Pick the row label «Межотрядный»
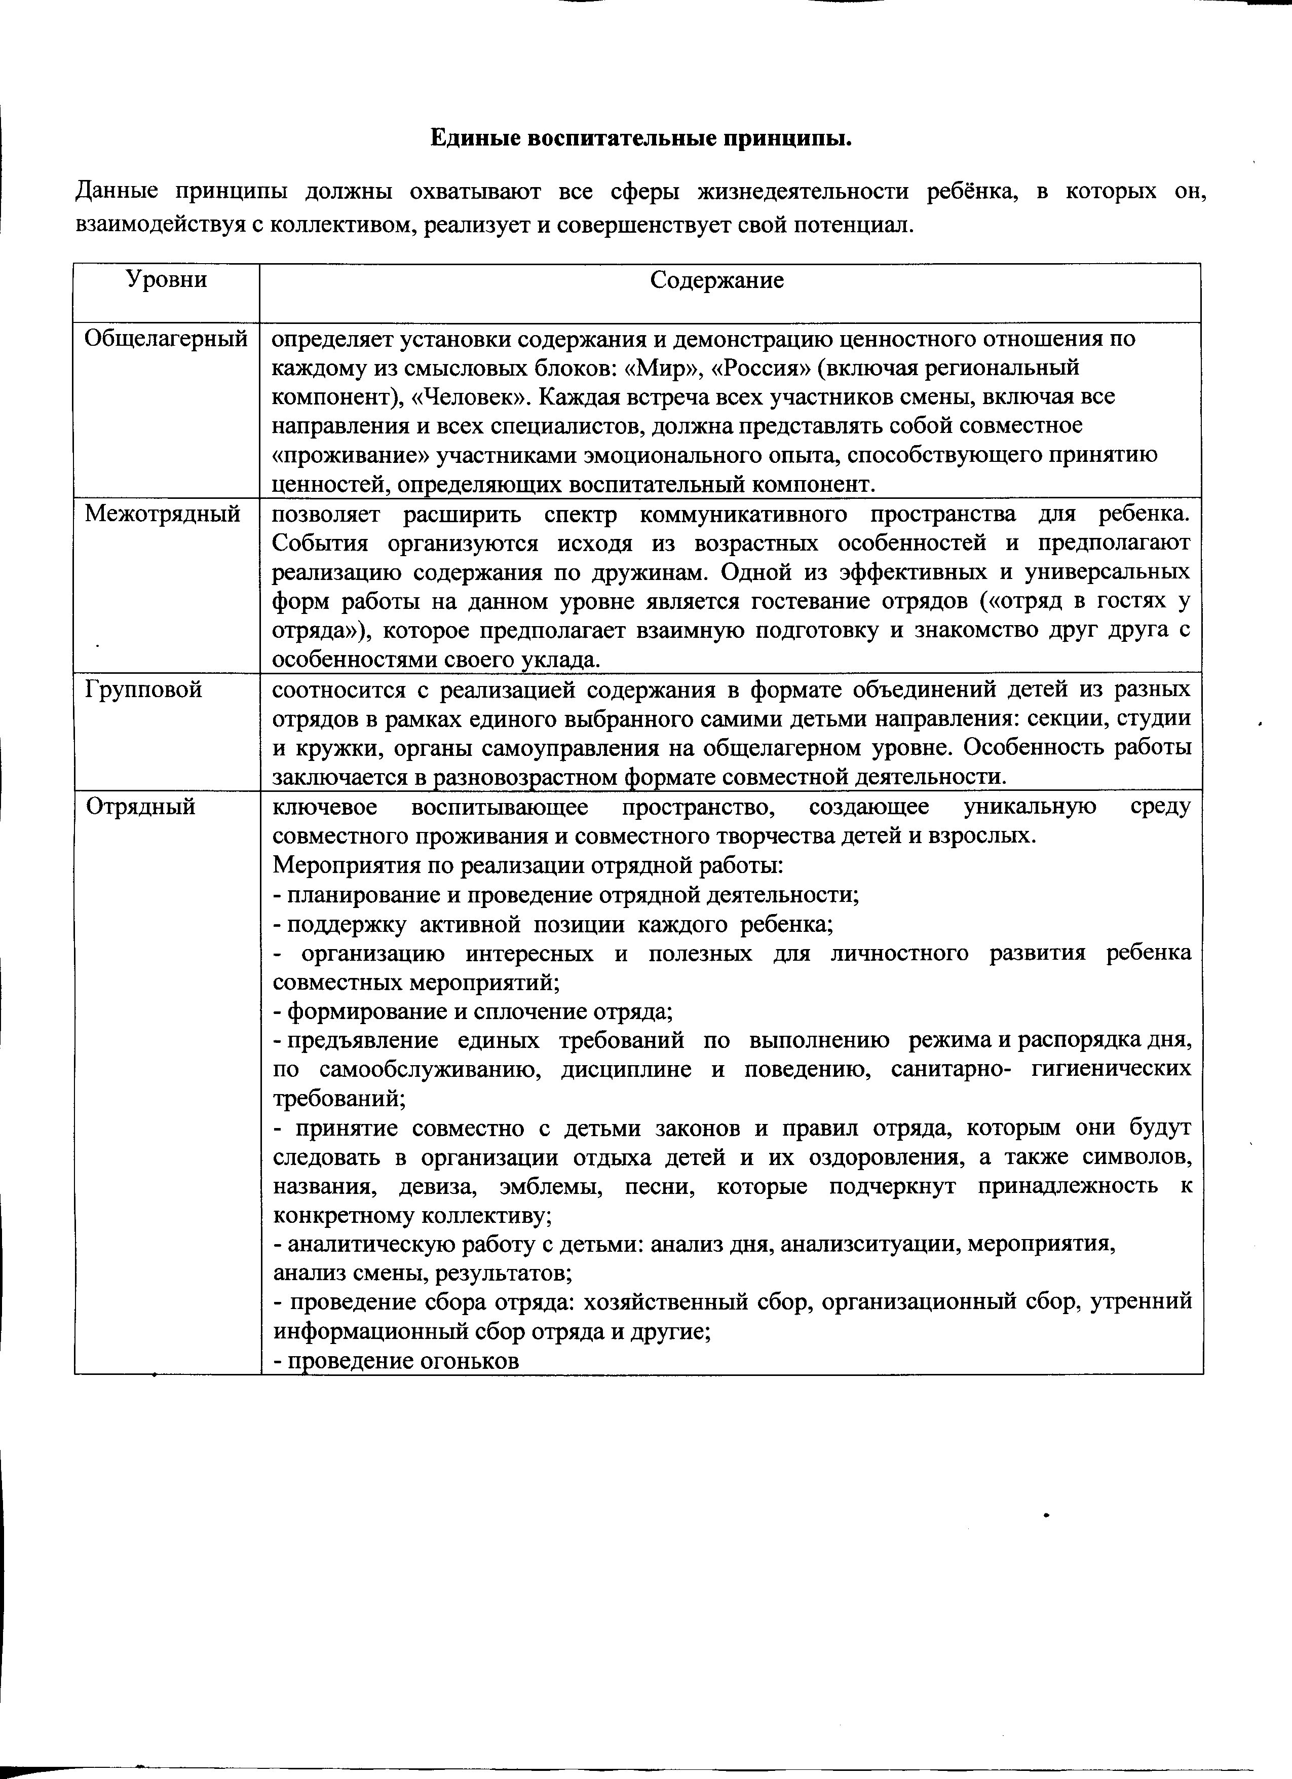coord(162,515)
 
